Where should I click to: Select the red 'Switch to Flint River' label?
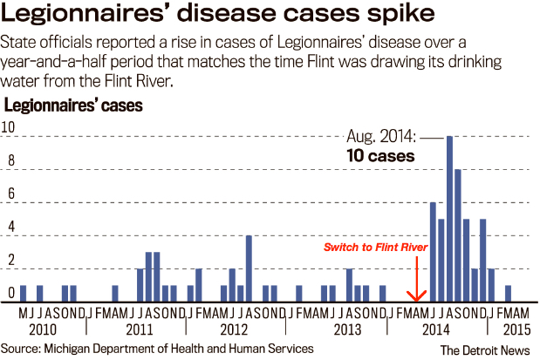click(x=375, y=248)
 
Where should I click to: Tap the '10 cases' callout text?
click(x=379, y=157)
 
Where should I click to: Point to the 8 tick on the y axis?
click(x=9, y=160)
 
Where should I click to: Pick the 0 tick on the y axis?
click(x=9, y=292)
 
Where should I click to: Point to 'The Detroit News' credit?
click(x=485, y=349)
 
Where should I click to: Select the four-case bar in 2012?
click(x=249, y=266)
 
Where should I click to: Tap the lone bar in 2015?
click(x=509, y=292)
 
